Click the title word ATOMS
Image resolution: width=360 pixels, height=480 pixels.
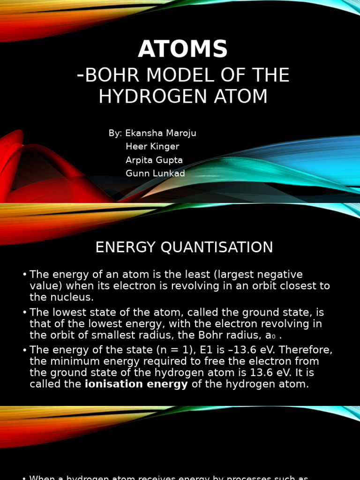183,49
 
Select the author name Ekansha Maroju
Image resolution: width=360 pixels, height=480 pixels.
160,133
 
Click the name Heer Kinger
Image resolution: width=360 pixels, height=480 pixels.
152,147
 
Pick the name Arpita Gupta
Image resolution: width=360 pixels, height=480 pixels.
154,160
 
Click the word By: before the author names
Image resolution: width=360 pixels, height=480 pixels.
115,133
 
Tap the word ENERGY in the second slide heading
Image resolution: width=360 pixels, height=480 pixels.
125,247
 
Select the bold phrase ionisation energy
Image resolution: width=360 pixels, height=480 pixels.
136,384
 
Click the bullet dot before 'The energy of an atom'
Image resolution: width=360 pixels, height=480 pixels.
24,275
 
